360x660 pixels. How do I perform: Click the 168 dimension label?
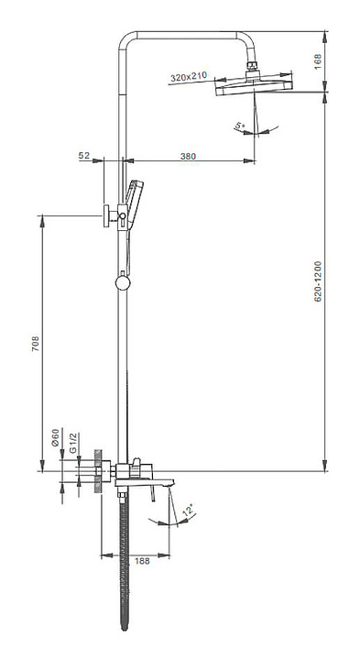318,61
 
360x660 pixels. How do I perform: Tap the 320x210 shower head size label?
189,77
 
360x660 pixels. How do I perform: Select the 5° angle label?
240,125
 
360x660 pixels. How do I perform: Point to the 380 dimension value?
188,156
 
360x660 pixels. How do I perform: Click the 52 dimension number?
84,155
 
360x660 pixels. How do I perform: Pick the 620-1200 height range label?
318,281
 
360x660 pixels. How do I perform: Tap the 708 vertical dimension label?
36,344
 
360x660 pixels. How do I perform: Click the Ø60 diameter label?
55,437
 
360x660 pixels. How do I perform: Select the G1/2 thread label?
72,444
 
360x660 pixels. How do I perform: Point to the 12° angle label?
189,511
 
